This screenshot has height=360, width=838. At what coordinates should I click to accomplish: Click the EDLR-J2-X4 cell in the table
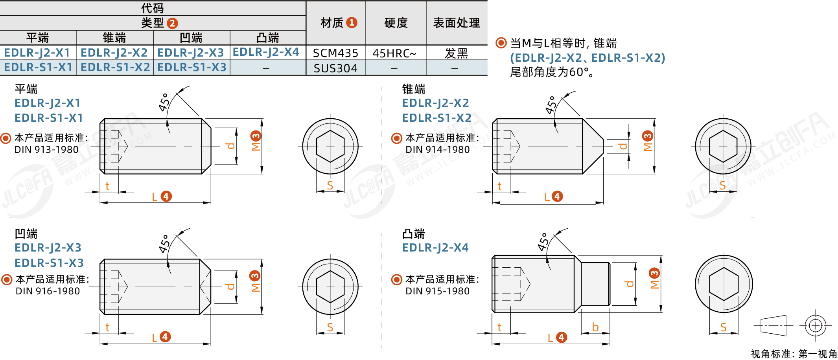(x=266, y=52)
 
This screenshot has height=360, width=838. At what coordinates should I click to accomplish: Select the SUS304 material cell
(x=335, y=68)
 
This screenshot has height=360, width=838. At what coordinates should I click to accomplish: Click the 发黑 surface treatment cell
(x=456, y=53)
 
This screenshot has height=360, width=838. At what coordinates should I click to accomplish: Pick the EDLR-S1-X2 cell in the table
(x=115, y=67)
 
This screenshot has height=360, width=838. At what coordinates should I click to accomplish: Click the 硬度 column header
(x=396, y=23)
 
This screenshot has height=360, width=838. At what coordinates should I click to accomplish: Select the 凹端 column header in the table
(x=191, y=38)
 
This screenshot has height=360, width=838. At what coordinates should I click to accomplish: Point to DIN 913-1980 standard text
(x=46, y=150)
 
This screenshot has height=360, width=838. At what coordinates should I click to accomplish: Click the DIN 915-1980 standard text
(x=437, y=291)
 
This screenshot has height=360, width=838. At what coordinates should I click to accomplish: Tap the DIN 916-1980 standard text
(x=48, y=291)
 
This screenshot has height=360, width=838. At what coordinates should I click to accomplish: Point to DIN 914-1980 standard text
(x=437, y=150)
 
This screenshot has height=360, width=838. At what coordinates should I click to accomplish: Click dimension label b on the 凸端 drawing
(x=595, y=327)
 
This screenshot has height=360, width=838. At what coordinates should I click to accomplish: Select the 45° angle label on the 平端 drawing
(x=164, y=102)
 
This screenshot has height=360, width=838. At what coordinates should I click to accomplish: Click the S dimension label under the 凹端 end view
(x=330, y=327)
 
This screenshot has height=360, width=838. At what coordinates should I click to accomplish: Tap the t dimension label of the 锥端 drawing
(x=499, y=186)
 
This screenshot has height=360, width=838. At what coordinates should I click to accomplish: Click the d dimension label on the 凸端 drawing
(x=630, y=283)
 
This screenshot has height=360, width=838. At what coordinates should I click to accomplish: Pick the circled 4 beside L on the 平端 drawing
(x=166, y=196)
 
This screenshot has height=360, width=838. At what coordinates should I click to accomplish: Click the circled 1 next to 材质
(x=352, y=22)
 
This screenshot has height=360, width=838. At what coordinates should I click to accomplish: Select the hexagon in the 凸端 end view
(x=724, y=284)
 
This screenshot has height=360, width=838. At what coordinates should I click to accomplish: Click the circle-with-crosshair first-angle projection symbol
(x=816, y=325)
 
